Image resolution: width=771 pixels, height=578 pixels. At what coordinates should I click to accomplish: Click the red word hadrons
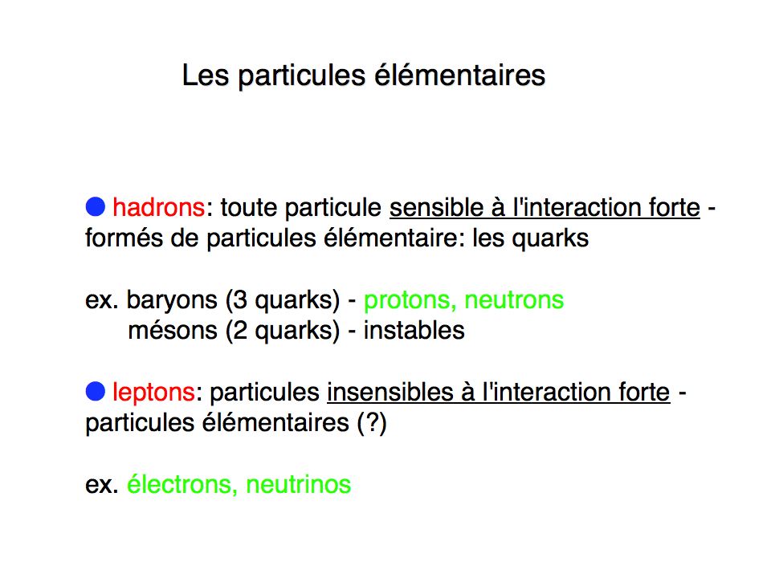tap(158, 207)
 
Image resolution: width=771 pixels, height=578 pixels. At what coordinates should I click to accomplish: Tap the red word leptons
tap(153, 393)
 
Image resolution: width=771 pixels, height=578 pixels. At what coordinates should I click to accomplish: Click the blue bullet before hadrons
tap(96, 207)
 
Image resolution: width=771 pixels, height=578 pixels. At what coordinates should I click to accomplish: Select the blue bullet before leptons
tap(96, 392)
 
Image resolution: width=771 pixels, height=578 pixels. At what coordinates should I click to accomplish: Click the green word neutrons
tap(514, 299)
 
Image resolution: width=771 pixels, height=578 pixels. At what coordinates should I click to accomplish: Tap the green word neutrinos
tap(299, 484)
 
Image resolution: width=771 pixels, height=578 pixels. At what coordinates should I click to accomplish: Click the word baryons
tap(172, 300)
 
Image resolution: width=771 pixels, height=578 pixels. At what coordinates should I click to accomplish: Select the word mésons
tap(173, 330)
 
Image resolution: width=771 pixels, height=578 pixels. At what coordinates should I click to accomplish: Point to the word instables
tap(414, 330)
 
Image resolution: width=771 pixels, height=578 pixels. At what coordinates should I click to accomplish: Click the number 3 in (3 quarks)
tap(240, 300)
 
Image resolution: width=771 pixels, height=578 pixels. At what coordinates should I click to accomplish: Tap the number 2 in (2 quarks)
tap(240, 331)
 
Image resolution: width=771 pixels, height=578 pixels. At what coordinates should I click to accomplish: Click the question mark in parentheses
tap(373, 423)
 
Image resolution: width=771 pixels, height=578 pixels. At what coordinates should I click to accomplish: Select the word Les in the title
tap(206, 75)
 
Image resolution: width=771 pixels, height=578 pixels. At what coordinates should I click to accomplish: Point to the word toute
tap(251, 208)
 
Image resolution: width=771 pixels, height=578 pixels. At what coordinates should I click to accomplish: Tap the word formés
tap(124, 238)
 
